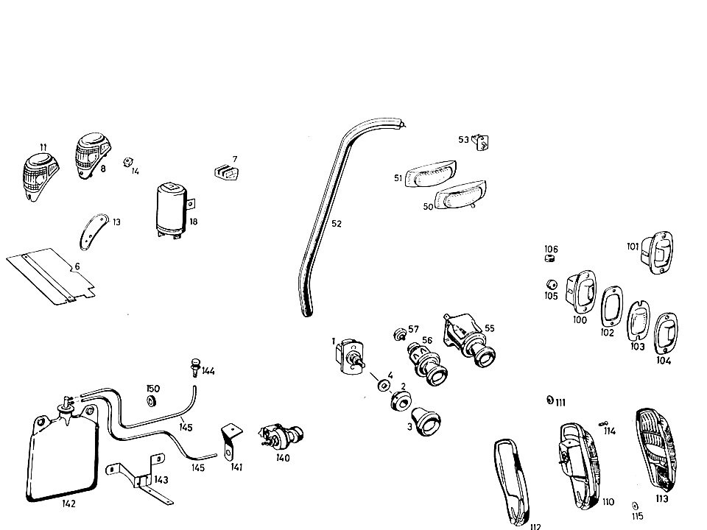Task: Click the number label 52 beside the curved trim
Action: coord(337,224)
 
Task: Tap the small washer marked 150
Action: coord(152,400)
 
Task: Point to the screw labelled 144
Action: coord(195,367)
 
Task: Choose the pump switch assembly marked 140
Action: coord(282,435)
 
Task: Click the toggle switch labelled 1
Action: coord(351,356)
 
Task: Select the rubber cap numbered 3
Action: coord(426,421)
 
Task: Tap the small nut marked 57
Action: coord(399,335)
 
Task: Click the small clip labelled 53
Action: coord(481,142)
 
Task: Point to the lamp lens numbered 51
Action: coord(431,174)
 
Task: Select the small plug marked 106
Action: coord(549,258)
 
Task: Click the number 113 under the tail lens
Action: coord(662,498)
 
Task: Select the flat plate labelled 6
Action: coord(51,276)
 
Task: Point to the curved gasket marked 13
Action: coord(94,231)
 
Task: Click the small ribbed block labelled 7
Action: coord(226,172)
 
